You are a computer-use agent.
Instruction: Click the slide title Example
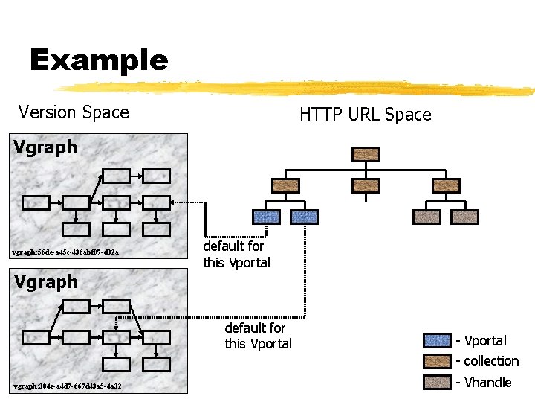click(x=99, y=60)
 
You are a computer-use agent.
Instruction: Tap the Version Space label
click(x=74, y=112)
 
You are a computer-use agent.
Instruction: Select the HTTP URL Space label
click(x=365, y=115)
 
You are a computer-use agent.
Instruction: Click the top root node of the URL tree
click(x=366, y=154)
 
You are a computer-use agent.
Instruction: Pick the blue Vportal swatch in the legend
click(x=436, y=341)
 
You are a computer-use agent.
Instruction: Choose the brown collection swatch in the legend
click(x=436, y=361)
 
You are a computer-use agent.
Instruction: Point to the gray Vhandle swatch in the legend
click(x=436, y=382)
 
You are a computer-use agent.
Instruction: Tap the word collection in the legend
click(x=491, y=361)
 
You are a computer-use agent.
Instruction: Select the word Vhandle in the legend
click(x=487, y=382)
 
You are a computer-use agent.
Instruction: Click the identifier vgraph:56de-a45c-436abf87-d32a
click(x=65, y=252)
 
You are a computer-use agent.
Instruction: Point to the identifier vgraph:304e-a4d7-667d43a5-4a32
click(x=67, y=386)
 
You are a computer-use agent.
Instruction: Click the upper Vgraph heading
click(x=45, y=147)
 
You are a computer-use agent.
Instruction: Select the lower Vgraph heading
click(x=45, y=282)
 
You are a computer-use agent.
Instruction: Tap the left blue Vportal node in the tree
click(x=267, y=217)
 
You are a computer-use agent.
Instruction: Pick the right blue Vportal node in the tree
click(x=305, y=217)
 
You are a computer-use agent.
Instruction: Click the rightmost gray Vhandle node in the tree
click(x=465, y=217)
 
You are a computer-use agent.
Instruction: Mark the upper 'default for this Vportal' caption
click(x=236, y=254)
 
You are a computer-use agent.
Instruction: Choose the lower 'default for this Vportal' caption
click(x=258, y=336)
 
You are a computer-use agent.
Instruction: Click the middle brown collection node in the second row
click(x=366, y=185)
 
